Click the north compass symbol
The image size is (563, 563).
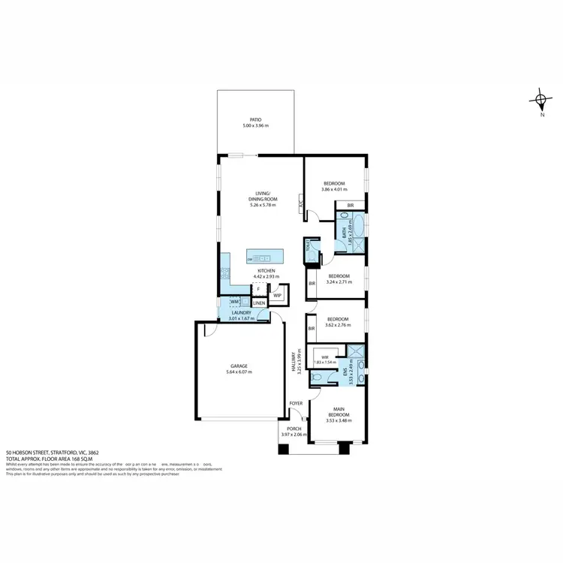pyautogui.click(x=540, y=99)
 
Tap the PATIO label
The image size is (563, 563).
pyautogui.click(x=255, y=119)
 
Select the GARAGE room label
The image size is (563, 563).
pyautogui.click(x=239, y=366)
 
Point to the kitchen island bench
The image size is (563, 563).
pyautogui.click(x=267, y=260)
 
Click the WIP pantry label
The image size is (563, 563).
pyautogui.click(x=277, y=295)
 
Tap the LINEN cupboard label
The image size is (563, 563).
pyautogui.click(x=258, y=303)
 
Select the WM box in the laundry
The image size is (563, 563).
pyautogui.click(x=234, y=302)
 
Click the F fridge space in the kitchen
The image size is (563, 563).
pyautogui.click(x=258, y=288)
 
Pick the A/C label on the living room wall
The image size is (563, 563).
pyautogui.click(x=301, y=203)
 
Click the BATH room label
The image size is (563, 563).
pyautogui.click(x=345, y=233)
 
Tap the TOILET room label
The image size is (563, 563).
pyautogui.click(x=308, y=246)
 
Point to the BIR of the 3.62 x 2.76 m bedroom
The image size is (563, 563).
pyautogui.click(x=311, y=328)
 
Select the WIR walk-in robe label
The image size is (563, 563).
pyautogui.click(x=324, y=357)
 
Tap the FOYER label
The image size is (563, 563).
pyautogui.click(x=297, y=403)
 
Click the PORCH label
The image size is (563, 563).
pyautogui.click(x=294, y=429)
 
